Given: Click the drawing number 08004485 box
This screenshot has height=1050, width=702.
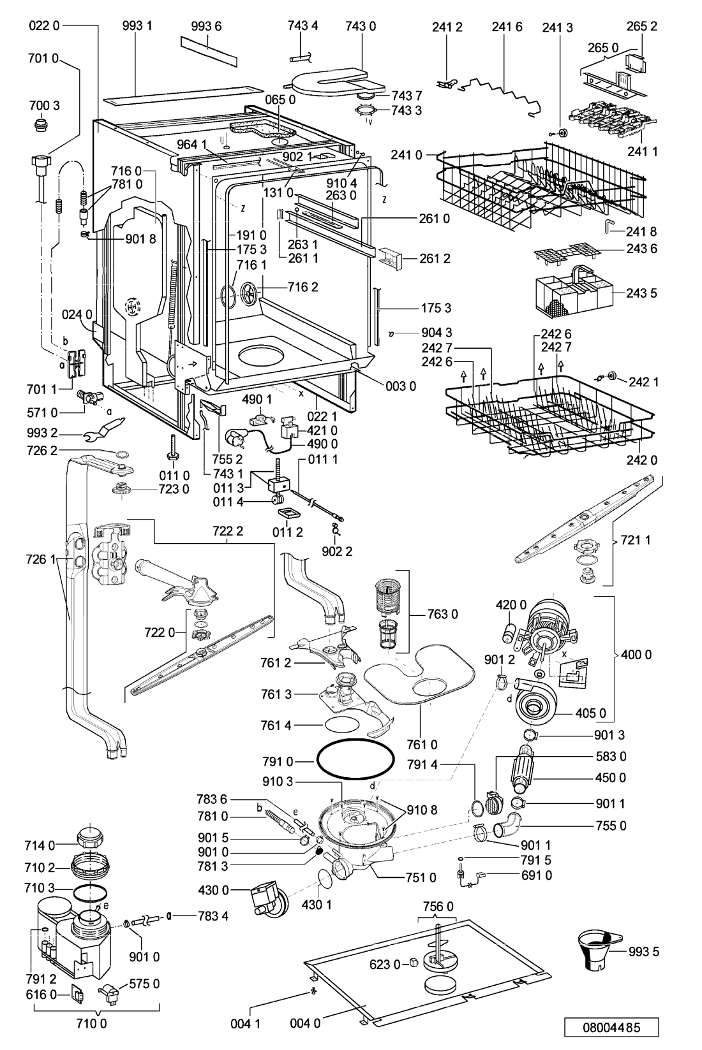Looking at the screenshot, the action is click(x=611, y=1027).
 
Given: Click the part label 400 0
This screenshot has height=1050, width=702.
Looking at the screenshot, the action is click(x=636, y=654).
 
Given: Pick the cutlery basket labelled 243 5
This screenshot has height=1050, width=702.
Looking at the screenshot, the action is click(x=574, y=291).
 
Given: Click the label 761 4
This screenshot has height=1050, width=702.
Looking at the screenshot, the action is click(x=276, y=726).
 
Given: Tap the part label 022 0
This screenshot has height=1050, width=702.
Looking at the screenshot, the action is click(x=44, y=26).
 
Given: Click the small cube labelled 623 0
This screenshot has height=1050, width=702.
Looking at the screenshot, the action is click(x=414, y=962).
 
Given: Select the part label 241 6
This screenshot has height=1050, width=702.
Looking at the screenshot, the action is click(x=507, y=27).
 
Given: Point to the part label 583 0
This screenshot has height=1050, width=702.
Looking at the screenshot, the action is click(x=610, y=756).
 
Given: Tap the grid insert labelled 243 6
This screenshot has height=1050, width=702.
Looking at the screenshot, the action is click(x=567, y=252).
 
